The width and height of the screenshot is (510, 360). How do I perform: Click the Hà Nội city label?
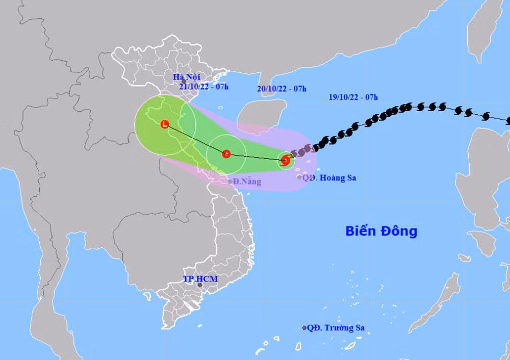click(x=186, y=77)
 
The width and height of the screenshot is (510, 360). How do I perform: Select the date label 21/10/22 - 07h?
click(x=203, y=87)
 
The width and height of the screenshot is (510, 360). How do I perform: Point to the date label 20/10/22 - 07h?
click(x=282, y=89)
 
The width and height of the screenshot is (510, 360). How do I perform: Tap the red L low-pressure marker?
click(x=164, y=124)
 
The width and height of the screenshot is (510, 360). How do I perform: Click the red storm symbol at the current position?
click(x=286, y=161)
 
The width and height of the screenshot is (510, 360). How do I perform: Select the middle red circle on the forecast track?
click(x=226, y=153)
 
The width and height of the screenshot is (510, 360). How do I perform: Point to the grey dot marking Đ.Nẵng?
click(x=230, y=182)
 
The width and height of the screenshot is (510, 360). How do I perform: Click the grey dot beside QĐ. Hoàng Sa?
click(x=299, y=177)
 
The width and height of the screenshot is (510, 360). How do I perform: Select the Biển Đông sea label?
click(x=381, y=231)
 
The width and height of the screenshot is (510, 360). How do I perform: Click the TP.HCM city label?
click(x=200, y=279)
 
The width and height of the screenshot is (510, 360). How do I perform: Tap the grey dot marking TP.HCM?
click(x=200, y=285)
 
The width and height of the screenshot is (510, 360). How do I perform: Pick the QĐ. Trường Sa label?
click(x=336, y=328)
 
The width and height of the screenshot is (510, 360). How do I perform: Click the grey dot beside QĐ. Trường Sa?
click(x=304, y=328)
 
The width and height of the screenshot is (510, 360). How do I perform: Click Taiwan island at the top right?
click(x=479, y=31)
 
